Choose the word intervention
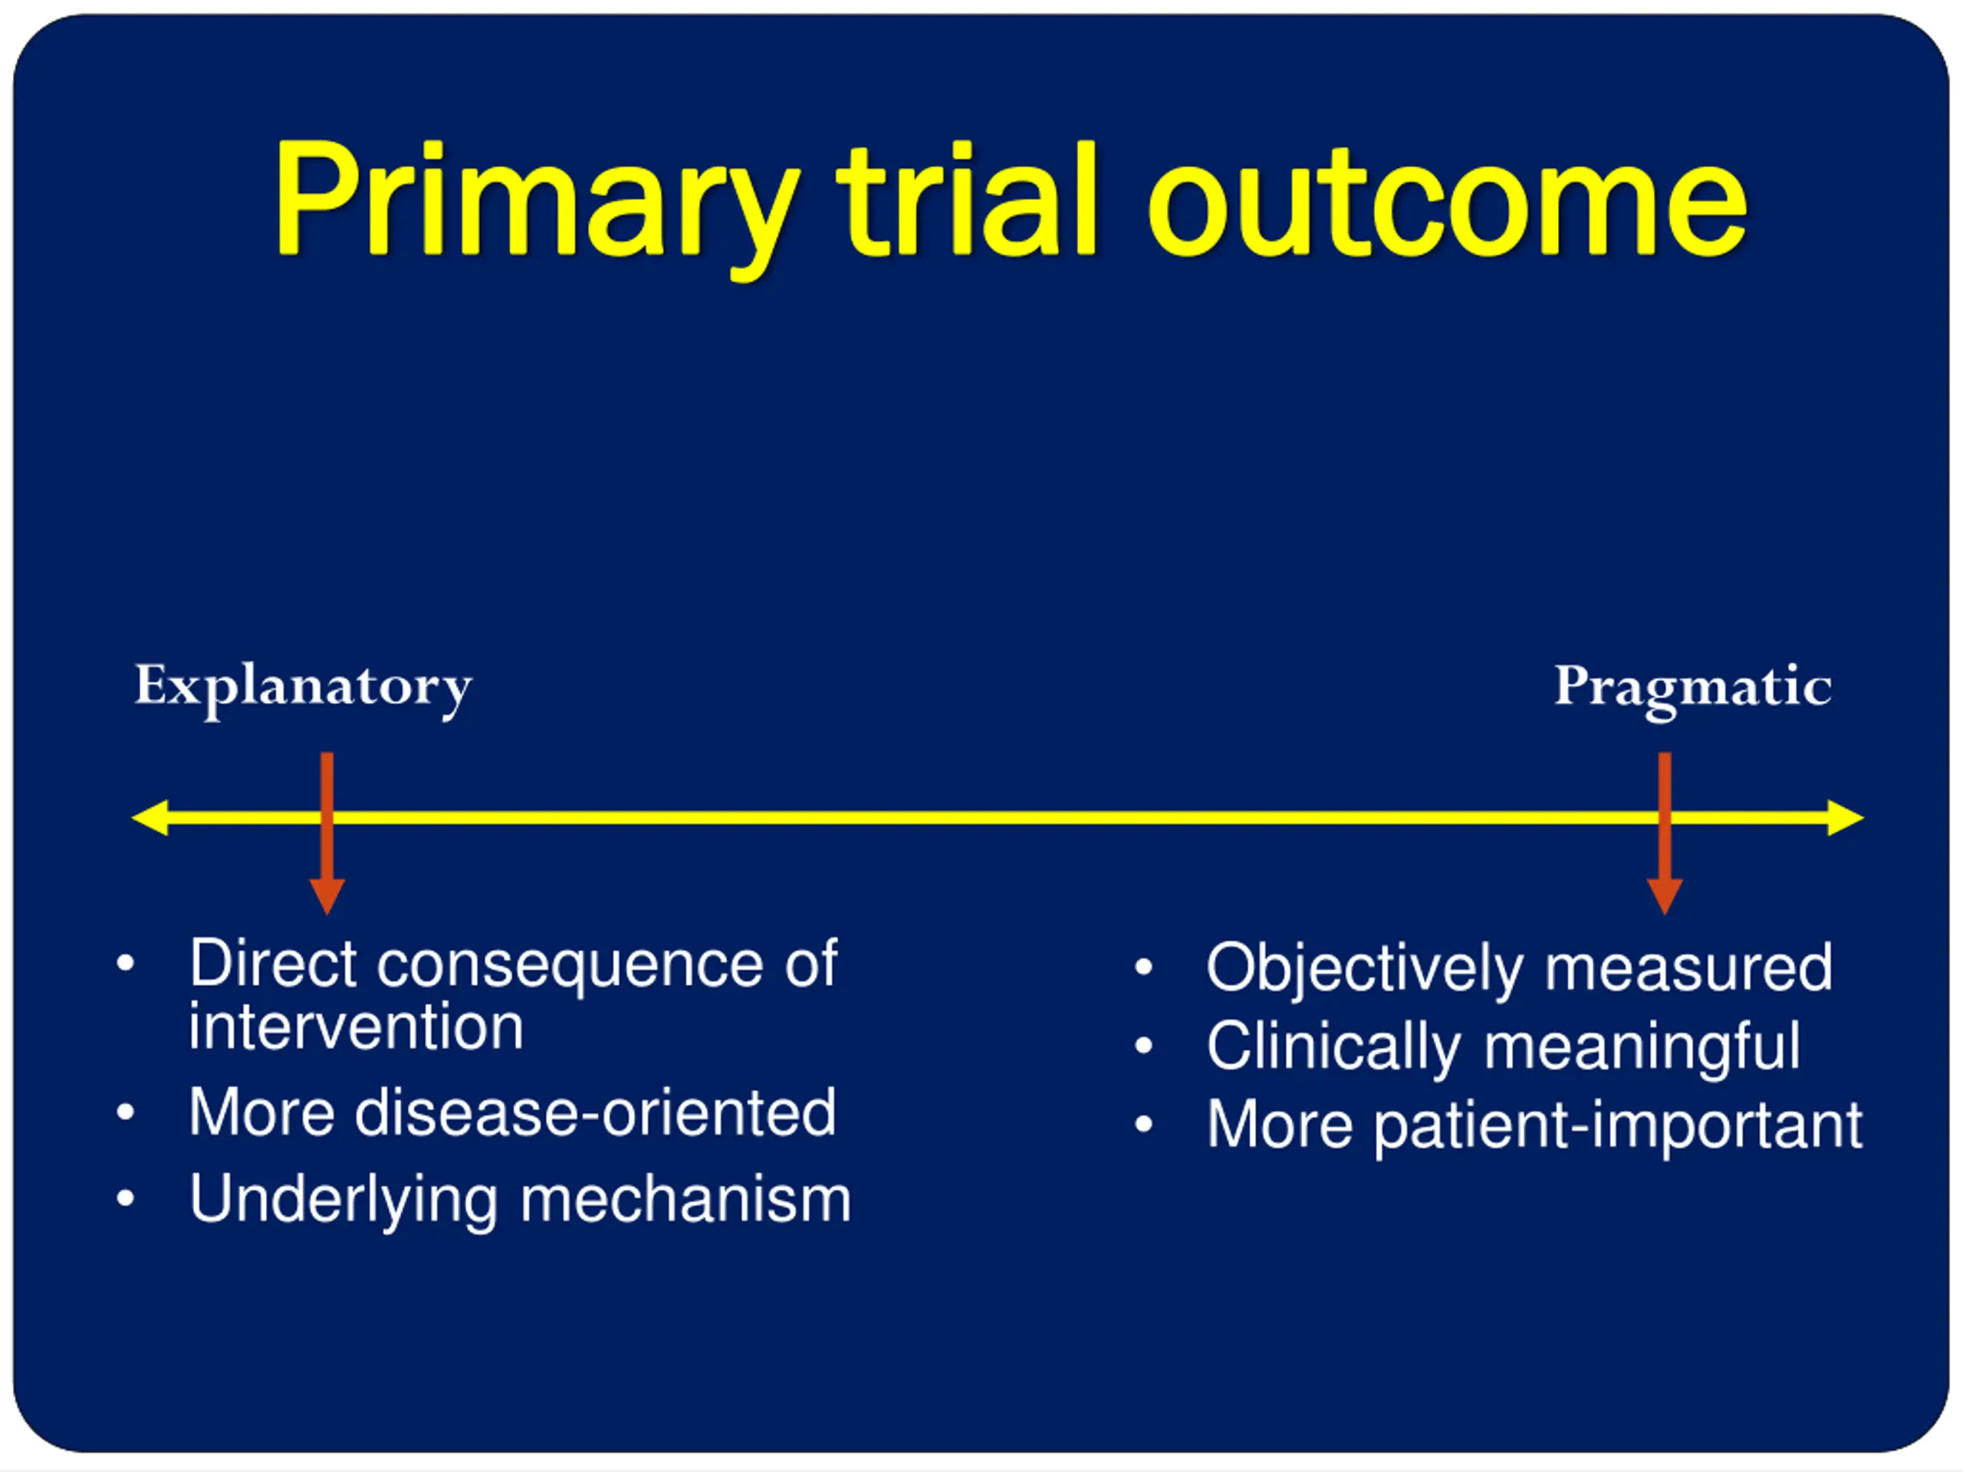356,1027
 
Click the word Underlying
344,1201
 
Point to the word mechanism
685,1199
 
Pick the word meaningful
1642,1047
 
